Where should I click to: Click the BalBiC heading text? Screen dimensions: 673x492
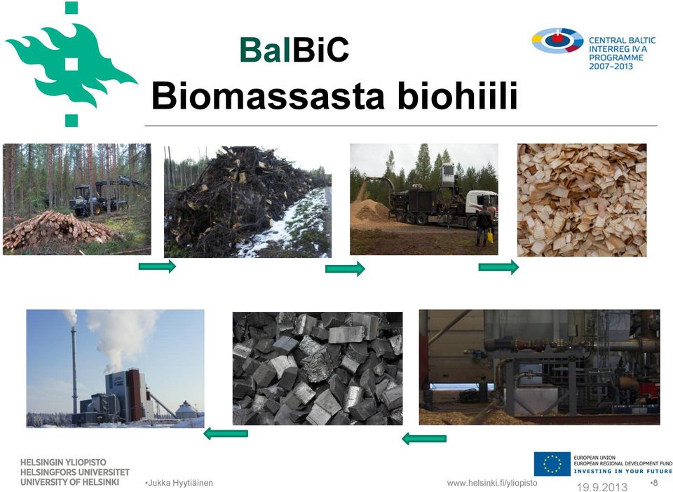tap(294, 50)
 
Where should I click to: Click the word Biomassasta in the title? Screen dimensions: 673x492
tap(268, 95)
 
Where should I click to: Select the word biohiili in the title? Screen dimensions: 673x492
tap(458, 95)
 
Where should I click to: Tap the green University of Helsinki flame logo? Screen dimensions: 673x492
tap(71, 64)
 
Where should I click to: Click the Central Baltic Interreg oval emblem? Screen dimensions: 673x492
tap(557, 41)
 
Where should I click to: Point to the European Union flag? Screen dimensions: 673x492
tap(552, 464)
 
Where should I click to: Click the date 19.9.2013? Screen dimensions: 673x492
tap(601, 487)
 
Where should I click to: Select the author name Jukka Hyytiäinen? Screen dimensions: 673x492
tap(179, 483)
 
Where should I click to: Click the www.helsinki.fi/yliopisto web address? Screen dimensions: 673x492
tap(492, 483)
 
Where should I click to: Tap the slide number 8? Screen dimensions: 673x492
tap(654, 483)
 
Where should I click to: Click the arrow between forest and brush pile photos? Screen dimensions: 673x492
tap(157, 266)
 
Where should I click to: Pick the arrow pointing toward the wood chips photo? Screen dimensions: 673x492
tap(498, 267)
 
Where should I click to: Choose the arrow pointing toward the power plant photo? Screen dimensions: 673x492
tap(225, 434)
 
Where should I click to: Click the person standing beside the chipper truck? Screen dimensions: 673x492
tap(484, 225)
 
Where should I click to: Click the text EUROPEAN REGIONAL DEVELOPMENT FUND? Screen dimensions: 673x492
tap(623, 463)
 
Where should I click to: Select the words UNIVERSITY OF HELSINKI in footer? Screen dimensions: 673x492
tap(69, 482)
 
